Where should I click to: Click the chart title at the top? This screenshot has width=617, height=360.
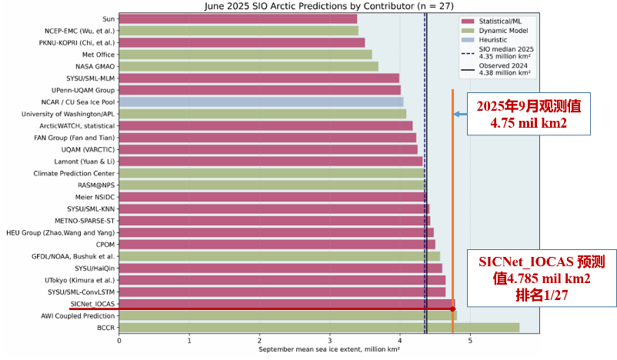[329, 5]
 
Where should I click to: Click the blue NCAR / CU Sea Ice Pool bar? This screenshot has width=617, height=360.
[261, 102]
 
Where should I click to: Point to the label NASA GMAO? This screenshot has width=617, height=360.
[95, 66]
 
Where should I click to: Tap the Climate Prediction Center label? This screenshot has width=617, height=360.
[75, 173]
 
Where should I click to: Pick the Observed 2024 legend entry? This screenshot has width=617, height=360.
[500, 70]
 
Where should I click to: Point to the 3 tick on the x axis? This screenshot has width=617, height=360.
[329, 340]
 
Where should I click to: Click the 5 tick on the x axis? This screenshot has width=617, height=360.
[469, 340]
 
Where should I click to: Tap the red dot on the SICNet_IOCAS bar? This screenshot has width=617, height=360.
[452, 308]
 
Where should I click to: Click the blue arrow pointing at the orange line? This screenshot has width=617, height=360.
[460, 115]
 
